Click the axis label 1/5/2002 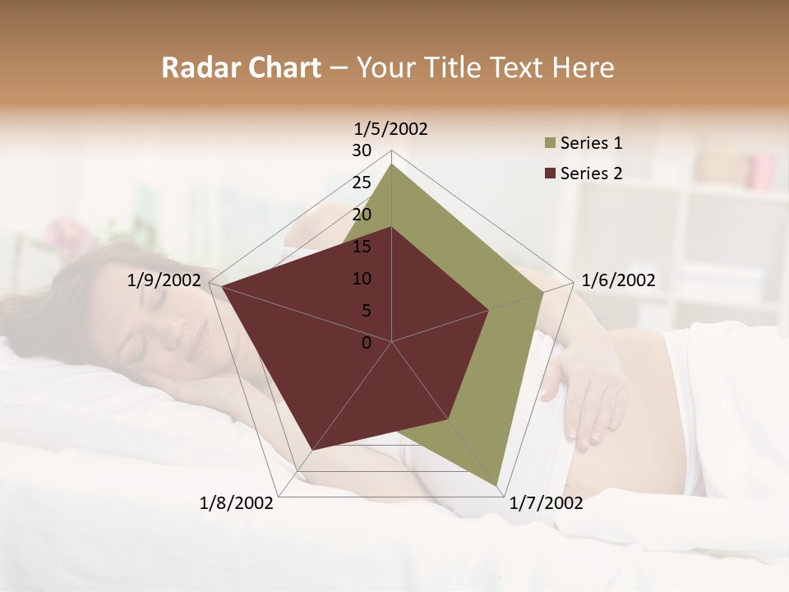point(390,129)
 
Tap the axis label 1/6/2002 point(618,280)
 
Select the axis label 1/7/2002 point(546,503)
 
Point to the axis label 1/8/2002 point(237,503)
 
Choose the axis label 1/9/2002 point(164,280)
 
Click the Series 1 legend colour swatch point(548,144)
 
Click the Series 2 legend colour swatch point(548,173)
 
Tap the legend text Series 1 point(591,143)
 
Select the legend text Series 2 point(591,173)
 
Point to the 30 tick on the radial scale point(362,150)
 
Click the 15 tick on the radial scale point(362,247)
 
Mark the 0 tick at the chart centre point(367,343)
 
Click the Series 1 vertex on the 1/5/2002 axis point(392,164)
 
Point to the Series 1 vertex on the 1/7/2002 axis point(496,484)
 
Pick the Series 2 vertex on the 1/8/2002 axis point(311,451)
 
